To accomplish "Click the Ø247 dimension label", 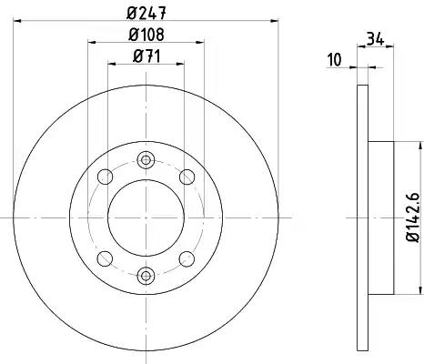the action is [146, 13].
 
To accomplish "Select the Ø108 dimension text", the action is [146, 35].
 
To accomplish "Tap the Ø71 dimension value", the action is [146, 56].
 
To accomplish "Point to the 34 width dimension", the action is [376, 39].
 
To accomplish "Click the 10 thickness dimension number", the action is [335, 60].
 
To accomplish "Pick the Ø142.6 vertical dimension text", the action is [414, 217].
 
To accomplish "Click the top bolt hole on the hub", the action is [146, 159].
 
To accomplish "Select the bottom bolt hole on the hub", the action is [146, 276].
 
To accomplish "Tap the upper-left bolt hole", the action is [106, 177].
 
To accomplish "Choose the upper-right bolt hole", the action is [187, 177].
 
